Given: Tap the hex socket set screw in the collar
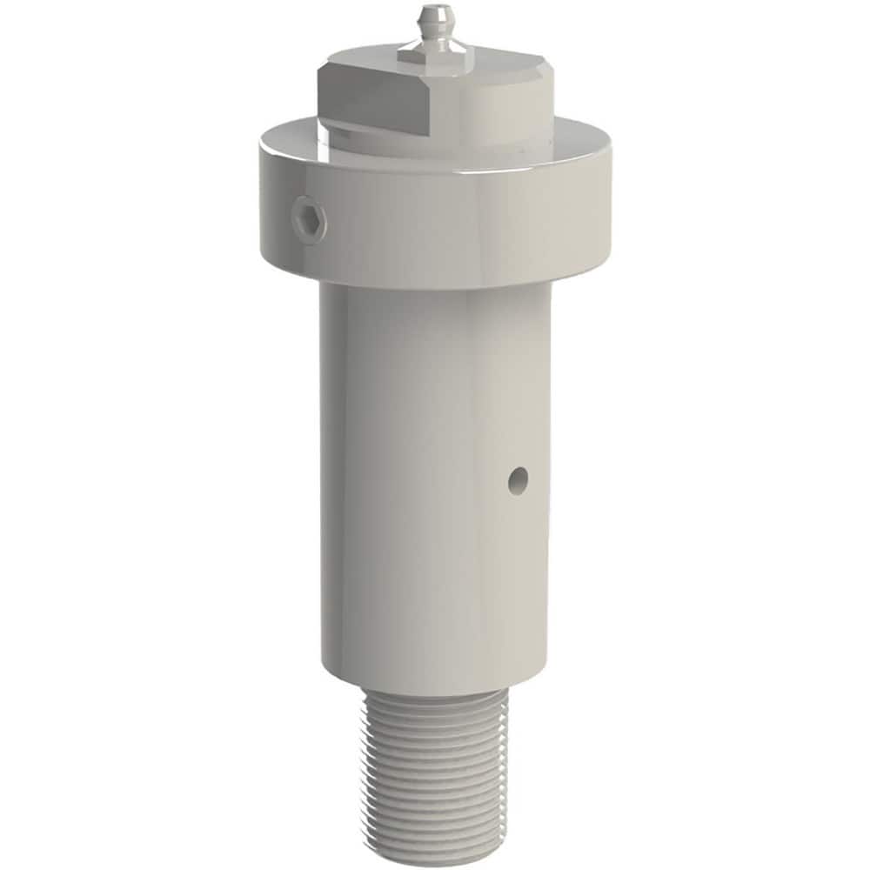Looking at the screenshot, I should (310, 218).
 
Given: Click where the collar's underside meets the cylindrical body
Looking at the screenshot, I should (435, 287).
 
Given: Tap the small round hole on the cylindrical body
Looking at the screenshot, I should (519, 478).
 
